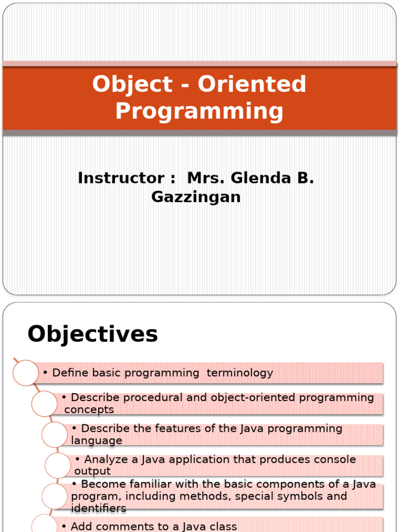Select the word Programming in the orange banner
(199, 111)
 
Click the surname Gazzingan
(196, 197)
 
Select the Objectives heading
(92, 334)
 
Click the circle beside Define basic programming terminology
(25, 373)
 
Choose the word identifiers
(99, 508)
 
